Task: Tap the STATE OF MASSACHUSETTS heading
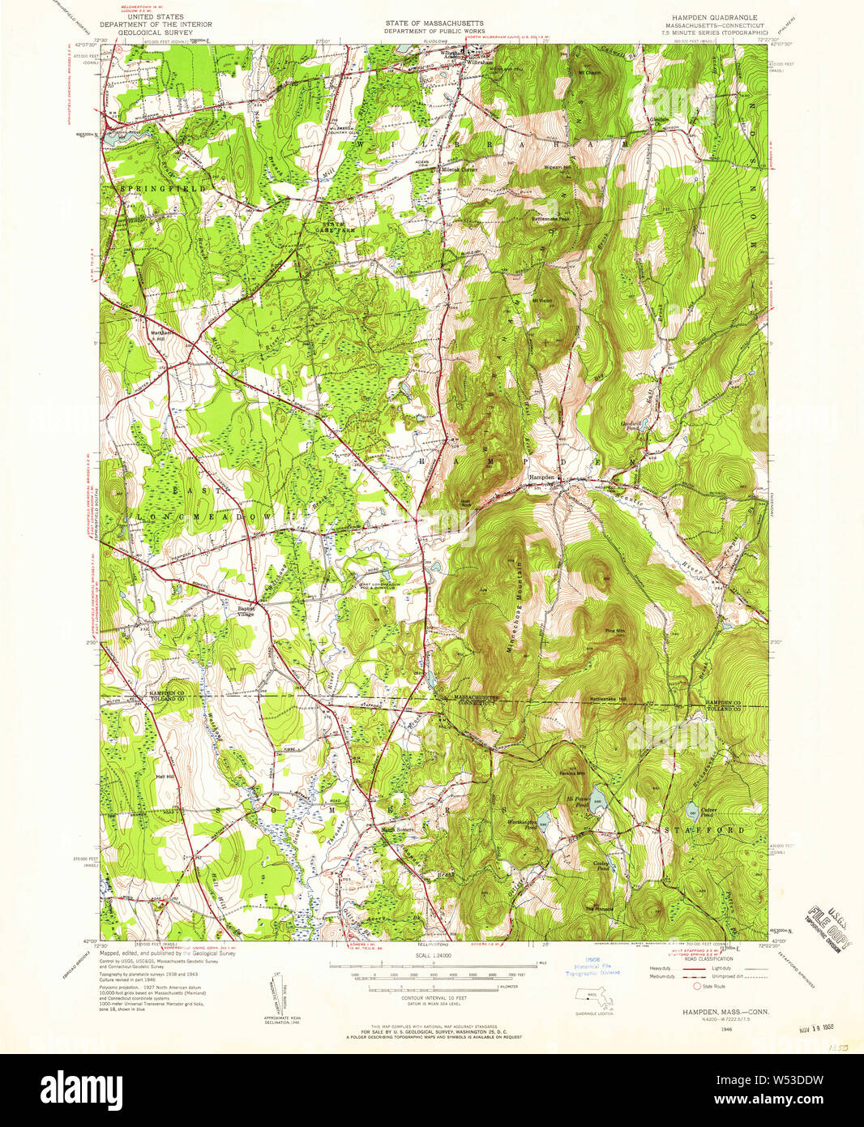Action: [x=434, y=24]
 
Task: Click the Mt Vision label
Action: [x=541, y=301]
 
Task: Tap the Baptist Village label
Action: [x=246, y=611]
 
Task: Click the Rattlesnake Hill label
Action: [x=608, y=698]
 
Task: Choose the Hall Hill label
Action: [x=165, y=776]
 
